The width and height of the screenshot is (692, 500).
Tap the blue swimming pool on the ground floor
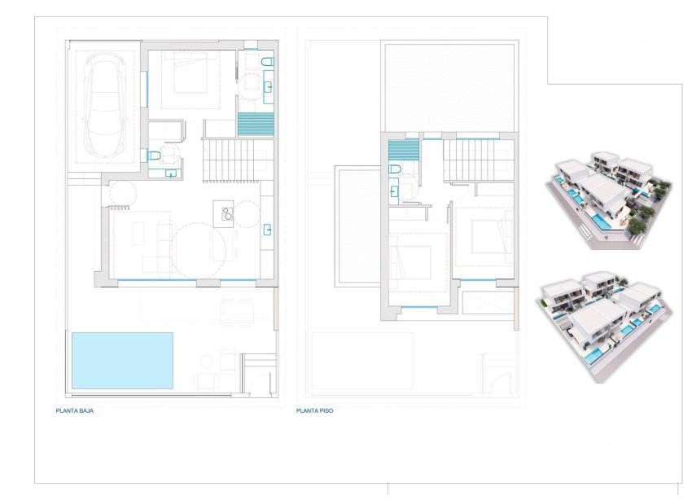(x=122, y=359)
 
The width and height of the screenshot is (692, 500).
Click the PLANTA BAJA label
(x=76, y=411)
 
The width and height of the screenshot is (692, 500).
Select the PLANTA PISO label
(x=316, y=411)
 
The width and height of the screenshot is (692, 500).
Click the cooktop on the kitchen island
(x=225, y=215)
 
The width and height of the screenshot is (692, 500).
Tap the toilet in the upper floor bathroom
(x=396, y=169)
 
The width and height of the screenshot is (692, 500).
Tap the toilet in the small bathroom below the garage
(x=153, y=156)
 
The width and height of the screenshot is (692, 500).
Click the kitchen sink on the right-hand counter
(x=266, y=229)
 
